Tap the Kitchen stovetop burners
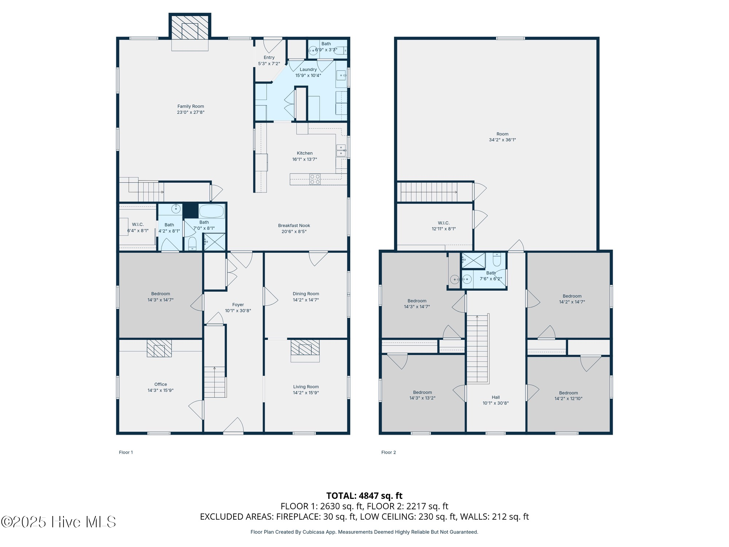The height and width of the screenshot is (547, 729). click(315, 179)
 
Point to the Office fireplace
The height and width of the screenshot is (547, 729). click(159, 348)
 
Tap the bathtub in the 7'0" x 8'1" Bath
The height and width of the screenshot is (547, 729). click(211, 211)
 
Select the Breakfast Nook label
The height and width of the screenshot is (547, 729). click(294, 225)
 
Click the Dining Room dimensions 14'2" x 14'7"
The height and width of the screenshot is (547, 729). click(306, 300)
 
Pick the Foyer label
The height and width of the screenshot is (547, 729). click(238, 304)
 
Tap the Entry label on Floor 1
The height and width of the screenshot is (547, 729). click(269, 57)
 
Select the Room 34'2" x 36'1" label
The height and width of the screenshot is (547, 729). click(502, 137)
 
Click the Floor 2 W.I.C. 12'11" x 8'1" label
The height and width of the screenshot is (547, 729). click(444, 226)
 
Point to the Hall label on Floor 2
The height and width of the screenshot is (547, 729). click(496, 397)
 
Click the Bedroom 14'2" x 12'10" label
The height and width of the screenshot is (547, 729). click(568, 396)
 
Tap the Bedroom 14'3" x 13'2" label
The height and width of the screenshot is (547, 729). click(422, 395)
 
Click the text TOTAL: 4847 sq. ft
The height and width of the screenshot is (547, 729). click(364, 496)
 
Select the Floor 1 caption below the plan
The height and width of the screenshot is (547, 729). click(126, 452)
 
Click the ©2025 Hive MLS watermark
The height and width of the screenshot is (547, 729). click(58, 522)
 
